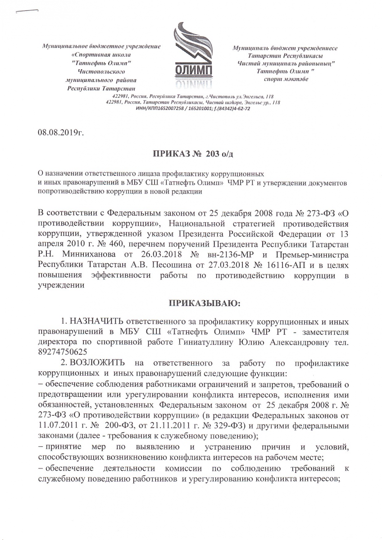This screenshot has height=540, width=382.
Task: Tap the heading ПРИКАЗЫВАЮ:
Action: (x=205, y=303)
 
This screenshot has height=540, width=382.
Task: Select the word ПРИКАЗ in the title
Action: (x=169, y=154)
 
